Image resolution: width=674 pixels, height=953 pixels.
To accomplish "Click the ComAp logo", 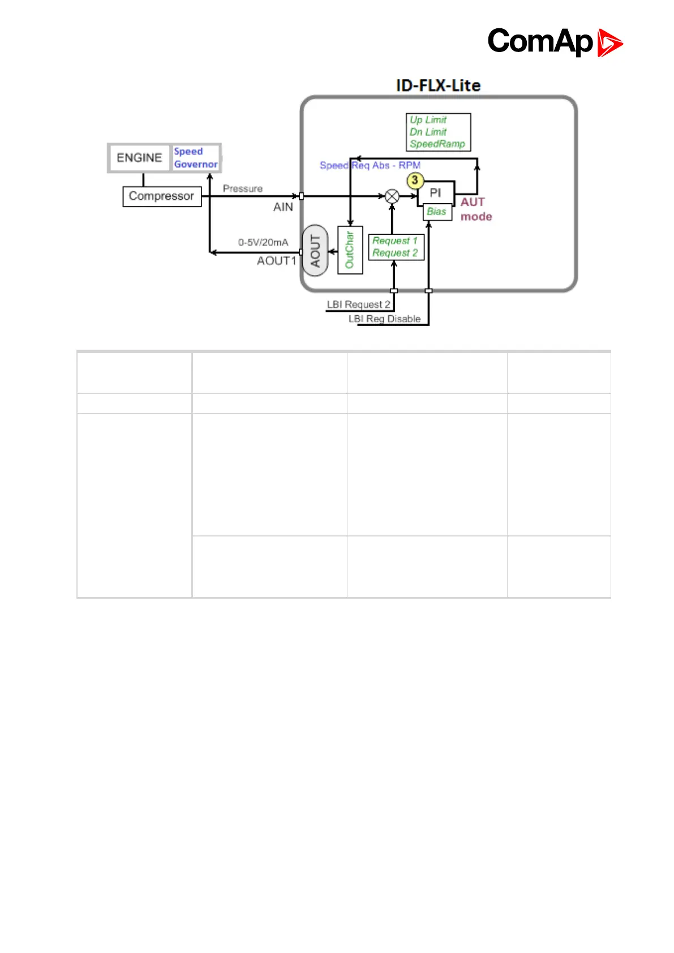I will coord(555,42).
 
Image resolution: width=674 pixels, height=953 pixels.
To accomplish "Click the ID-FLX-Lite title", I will coord(438,85).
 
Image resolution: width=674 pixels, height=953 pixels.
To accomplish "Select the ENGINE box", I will coord(139,157).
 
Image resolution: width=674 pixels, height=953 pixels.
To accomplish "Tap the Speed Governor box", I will coord(195,158).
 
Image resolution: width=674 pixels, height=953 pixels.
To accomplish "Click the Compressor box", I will coord(162,196).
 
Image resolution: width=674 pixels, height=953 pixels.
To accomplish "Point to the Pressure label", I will coord(242,188).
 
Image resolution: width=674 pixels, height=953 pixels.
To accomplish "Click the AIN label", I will coord(283,207).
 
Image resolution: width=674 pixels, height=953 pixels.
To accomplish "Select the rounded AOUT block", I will coord(315,251).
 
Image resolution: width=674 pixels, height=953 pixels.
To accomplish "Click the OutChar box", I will coord(350,250).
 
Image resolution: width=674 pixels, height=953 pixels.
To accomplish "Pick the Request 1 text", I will coord(394,241).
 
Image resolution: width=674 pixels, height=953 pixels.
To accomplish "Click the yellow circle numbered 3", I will coord(415,181).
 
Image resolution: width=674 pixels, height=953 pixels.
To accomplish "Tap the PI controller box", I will coord(435,192).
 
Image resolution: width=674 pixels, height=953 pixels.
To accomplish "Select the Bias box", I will coord(437,212).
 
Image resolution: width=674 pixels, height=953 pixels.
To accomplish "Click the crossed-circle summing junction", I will coord(392,196).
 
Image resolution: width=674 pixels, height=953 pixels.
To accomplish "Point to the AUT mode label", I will coord(475,209).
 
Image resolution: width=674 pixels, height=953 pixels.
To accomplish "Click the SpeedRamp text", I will coord(437,144).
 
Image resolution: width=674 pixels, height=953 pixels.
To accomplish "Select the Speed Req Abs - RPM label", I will coord(370,165).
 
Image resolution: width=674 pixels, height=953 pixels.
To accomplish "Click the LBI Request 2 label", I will coord(358,304).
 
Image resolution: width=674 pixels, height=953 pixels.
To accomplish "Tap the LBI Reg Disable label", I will coord(384,319).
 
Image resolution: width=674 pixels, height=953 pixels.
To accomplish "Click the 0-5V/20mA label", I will coord(263,242).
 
